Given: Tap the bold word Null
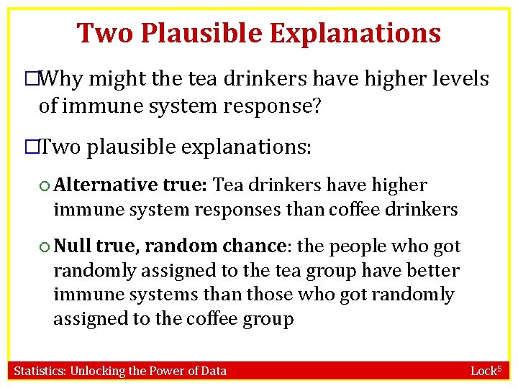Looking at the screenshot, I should click(x=73, y=246).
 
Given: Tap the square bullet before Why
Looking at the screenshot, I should click(x=31, y=79).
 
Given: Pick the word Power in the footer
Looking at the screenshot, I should click(x=166, y=371).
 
